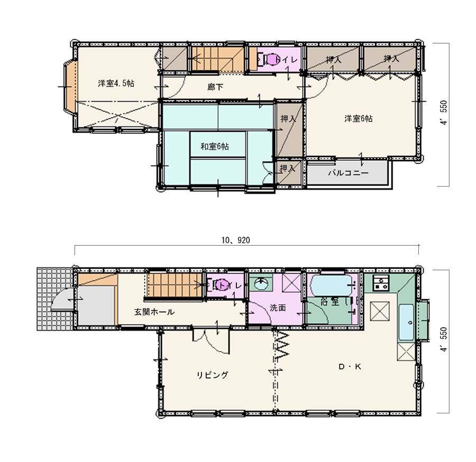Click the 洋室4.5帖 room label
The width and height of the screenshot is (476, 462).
coord(116,83)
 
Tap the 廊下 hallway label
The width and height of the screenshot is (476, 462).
coord(215,87)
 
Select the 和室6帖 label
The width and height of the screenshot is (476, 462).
coord(215,146)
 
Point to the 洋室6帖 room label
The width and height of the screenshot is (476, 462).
coord(358,118)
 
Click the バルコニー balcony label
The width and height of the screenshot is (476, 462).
coord(348,173)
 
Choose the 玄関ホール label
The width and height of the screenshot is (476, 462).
coord(154,312)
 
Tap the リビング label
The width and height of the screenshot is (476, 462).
coord(212,375)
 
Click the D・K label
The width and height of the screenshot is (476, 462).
coord(350,367)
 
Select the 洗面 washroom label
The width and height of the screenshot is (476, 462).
coord(278,308)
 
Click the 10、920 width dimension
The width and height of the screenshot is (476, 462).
coord(235,241)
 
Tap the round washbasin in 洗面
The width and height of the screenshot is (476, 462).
coord(261,284)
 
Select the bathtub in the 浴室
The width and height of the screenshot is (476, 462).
coord(332,285)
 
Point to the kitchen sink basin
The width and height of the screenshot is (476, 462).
coord(406,322)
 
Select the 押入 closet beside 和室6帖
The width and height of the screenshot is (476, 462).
coord(289,130)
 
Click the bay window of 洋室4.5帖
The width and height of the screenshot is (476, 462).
coord(70,86)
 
